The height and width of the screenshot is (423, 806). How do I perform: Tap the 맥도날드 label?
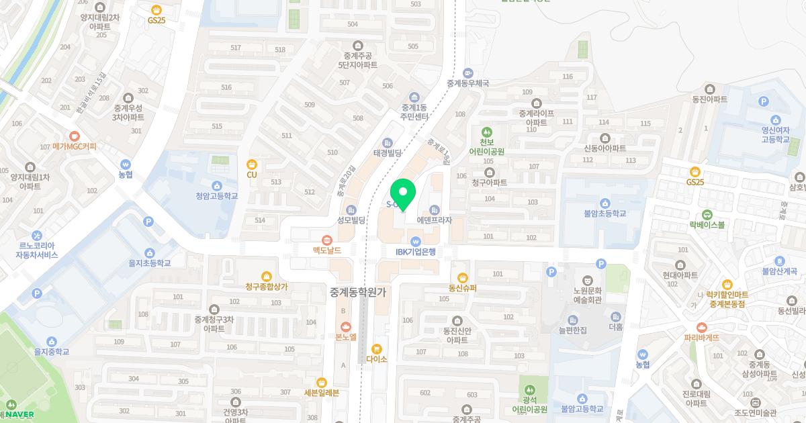[x=326, y=250]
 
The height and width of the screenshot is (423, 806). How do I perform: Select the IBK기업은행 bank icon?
[x=415, y=241]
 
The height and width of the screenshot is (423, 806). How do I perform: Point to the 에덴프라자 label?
[x=435, y=220]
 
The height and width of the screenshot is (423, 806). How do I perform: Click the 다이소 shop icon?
[x=376, y=348]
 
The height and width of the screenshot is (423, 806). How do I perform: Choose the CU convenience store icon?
[x=252, y=164]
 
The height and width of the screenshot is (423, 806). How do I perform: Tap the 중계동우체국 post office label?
[x=468, y=84]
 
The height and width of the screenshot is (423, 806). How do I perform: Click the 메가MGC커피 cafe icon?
[x=74, y=136]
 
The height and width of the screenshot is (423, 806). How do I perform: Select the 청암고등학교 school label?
[x=217, y=197]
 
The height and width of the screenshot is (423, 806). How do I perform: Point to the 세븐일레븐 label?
[x=322, y=393]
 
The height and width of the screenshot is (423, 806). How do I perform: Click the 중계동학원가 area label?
[x=358, y=292]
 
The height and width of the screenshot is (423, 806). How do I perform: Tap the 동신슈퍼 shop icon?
[x=462, y=277]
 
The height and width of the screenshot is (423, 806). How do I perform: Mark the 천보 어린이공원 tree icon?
[x=486, y=132]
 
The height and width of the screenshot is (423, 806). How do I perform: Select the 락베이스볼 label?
[x=707, y=225]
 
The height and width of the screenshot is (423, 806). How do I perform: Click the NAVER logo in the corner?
[x=19, y=414]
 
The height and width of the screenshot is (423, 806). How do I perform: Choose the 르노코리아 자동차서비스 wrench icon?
[x=38, y=236]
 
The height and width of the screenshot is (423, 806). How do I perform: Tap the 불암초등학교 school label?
[x=604, y=214]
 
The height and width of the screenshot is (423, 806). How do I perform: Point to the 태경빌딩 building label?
[x=387, y=153]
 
